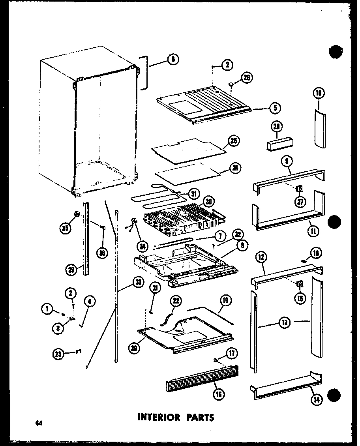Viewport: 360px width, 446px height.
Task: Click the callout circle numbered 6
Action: pos(172,60)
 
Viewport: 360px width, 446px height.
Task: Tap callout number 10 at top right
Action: pos(319,93)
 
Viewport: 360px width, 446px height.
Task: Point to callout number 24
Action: pos(235,168)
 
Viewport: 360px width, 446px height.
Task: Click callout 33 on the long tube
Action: pos(138,283)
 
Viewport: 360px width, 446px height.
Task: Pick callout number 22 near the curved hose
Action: pos(176,301)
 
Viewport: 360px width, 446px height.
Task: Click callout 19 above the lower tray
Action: pos(226,301)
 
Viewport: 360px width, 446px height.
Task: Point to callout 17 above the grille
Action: pos(232,352)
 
